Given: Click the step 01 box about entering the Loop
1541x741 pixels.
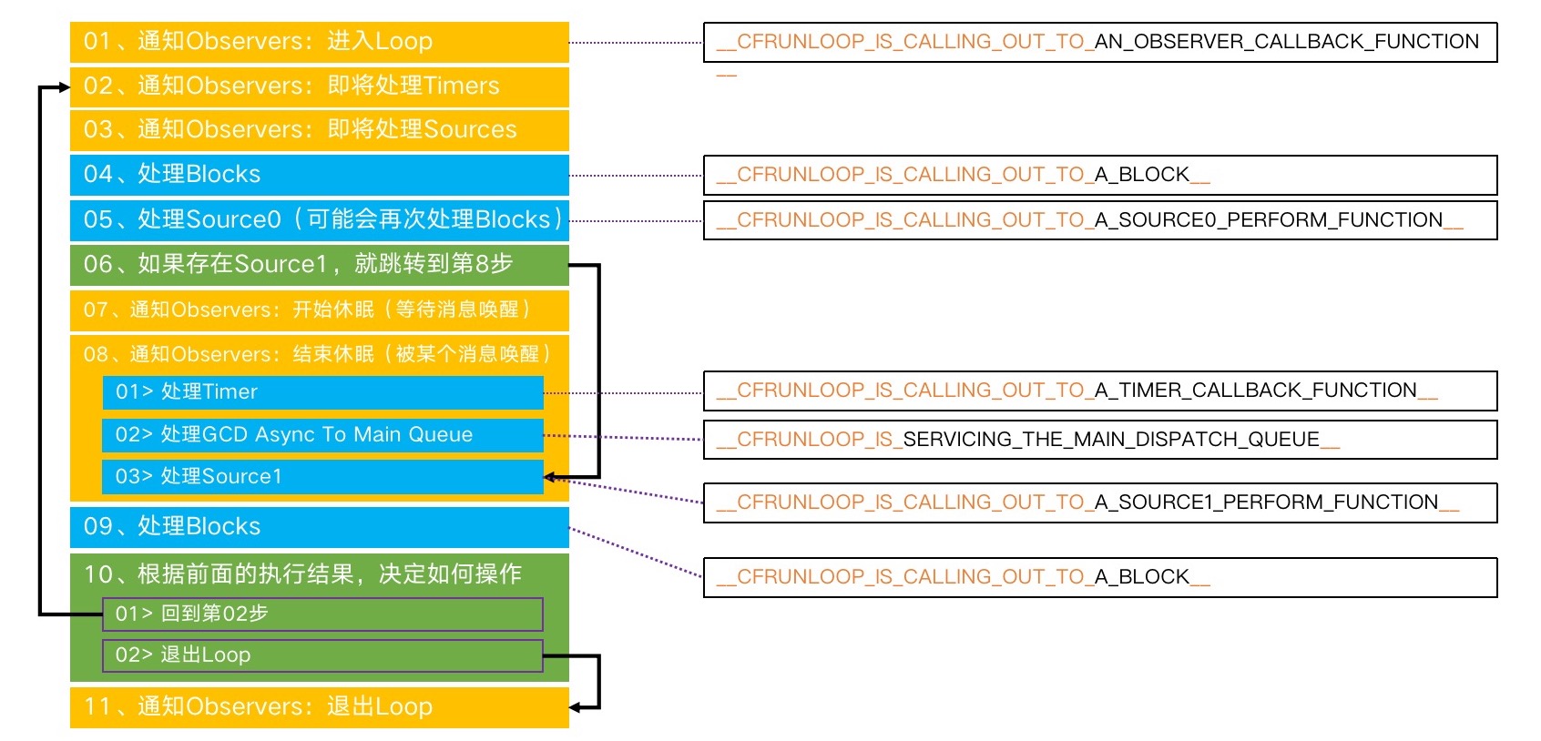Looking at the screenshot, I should pyautogui.click(x=319, y=42).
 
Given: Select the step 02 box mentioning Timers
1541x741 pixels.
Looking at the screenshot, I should pyautogui.click(x=319, y=86).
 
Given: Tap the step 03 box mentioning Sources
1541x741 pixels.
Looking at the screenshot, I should pyautogui.click(x=319, y=130).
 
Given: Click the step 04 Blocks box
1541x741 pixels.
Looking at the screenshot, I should pyautogui.click(x=319, y=175).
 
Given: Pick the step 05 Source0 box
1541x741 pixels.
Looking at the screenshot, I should pyautogui.click(x=319, y=219).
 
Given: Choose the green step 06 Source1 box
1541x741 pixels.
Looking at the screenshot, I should pyautogui.click(x=319, y=264).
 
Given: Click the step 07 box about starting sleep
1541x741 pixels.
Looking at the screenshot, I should pyautogui.click(x=319, y=310).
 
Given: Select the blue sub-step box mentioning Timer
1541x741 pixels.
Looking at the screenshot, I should pyautogui.click(x=322, y=392).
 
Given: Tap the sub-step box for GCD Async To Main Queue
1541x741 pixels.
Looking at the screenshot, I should pyautogui.click(x=322, y=435).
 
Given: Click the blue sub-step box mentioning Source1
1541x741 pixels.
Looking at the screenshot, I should pyautogui.click(x=322, y=477).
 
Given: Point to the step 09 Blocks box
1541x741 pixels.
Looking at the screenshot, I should pyautogui.click(x=319, y=527).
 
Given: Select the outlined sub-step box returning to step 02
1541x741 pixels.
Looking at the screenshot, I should pyautogui.click(x=322, y=614).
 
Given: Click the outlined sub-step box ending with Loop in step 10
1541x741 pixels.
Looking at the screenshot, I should pyautogui.click(x=322, y=655).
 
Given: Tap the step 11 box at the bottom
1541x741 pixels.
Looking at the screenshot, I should pyautogui.click(x=319, y=707).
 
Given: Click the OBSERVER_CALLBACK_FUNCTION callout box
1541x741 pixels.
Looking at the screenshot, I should pyautogui.click(x=1099, y=43).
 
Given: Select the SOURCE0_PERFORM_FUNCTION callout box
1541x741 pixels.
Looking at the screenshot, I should pyautogui.click(x=1099, y=220).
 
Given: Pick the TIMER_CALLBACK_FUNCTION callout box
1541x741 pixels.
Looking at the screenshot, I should pyautogui.click(x=1099, y=391).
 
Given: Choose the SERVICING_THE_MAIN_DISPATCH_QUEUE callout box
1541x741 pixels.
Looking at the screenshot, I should pyautogui.click(x=1099, y=440).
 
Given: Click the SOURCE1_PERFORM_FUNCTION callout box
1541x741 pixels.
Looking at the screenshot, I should pyautogui.click(x=1099, y=502).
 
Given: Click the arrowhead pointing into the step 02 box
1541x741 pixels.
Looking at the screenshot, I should pyautogui.click(x=64, y=87).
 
